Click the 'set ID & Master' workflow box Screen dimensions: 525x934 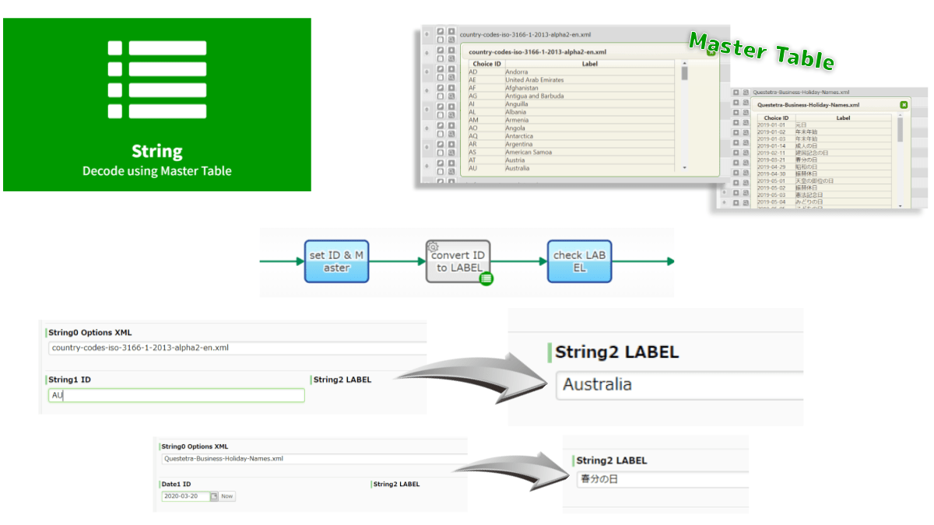[x=336, y=261]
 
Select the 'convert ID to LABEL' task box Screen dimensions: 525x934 [x=458, y=261]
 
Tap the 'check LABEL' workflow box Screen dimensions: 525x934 [x=578, y=261]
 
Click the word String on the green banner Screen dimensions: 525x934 [x=157, y=152]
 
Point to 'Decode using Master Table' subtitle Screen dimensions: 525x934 [x=157, y=171]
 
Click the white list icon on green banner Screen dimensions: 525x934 [x=157, y=79]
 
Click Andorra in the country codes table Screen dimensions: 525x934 [x=516, y=72]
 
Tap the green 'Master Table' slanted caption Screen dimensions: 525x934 [x=761, y=51]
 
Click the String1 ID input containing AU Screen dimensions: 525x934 [x=176, y=395]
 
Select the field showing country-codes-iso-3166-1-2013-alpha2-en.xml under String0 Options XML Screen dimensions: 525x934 [x=233, y=348]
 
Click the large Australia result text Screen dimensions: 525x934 [x=598, y=384]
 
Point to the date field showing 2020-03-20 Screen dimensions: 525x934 [x=185, y=496]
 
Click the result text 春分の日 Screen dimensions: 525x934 [x=599, y=479]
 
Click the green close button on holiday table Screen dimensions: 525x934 [x=904, y=105]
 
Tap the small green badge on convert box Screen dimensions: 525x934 [x=486, y=278]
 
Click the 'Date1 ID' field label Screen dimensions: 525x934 [x=176, y=484]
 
